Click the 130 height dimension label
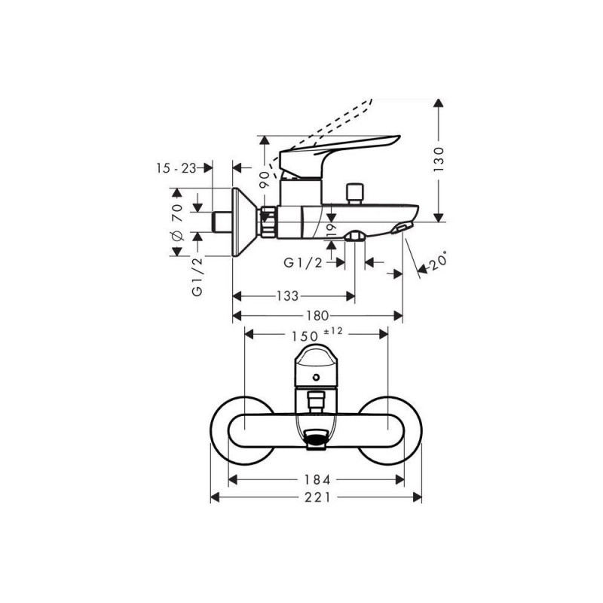(x=439, y=159)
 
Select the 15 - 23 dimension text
(x=176, y=168)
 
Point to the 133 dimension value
(x=288, y=295)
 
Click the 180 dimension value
(x=317, y=316)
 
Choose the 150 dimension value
(x=305, y=336)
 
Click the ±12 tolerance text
(x=333, y=330)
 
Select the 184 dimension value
(x=317, y=479)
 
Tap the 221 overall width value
(x=317, y=497)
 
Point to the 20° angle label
(x=438, y=261)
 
